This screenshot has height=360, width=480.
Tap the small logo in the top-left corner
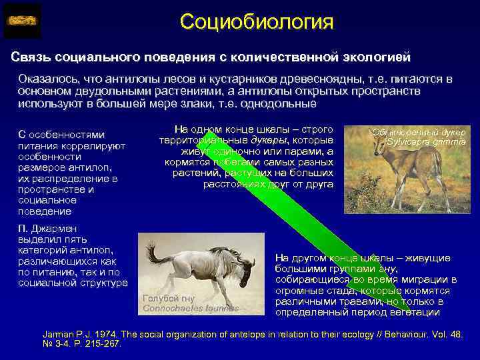22,21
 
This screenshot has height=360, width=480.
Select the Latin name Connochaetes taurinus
190,308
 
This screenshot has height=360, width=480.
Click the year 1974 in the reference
104,335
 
